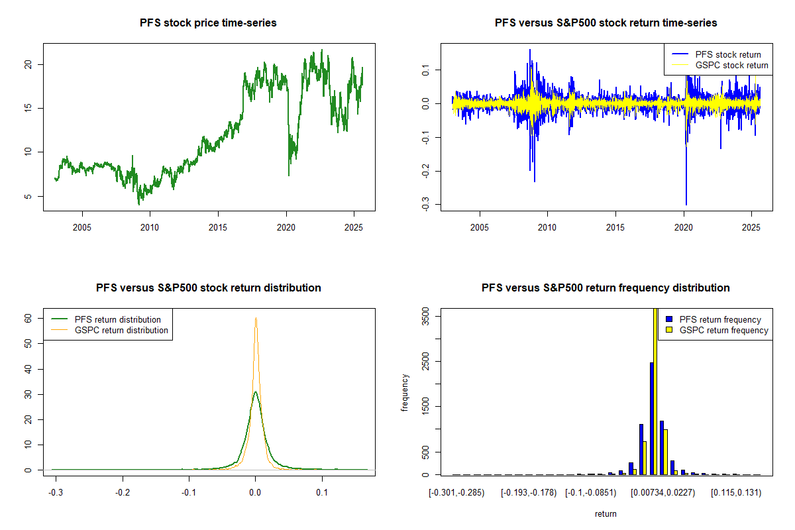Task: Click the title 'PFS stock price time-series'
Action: (x=208, y=23)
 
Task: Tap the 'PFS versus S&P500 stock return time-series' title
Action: (x=606, y=23)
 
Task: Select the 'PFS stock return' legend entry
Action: (x=727, y=54)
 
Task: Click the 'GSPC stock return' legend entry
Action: (x=731, y=65)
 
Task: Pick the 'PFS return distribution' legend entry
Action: (x=117, y=319)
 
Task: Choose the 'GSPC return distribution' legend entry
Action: (x=121, y=330)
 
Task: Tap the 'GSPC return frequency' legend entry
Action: (x=723, y=330)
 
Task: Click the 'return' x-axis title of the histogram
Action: (x=606, y=513)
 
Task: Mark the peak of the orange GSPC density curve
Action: (x=256, y=318)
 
